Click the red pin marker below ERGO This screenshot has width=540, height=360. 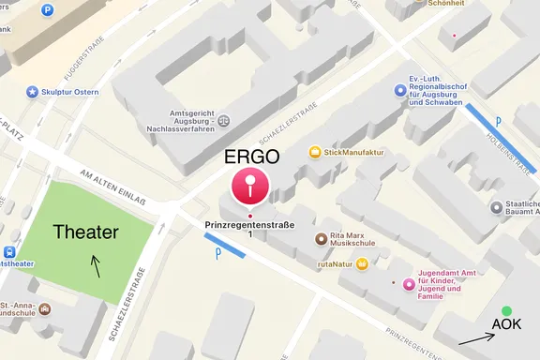[250, 187]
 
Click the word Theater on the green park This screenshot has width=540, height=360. [86, 232]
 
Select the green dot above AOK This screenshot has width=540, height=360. [506, 310]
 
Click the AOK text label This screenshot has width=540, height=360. [507, 326]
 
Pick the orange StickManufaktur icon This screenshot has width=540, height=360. [315, 152]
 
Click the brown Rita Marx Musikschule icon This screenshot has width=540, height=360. [321, 238]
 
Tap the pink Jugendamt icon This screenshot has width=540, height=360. [409, 284]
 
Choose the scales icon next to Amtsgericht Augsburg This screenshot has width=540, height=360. [223, 120]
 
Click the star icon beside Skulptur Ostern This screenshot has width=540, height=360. [33, 92]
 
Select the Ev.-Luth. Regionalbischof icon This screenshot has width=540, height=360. [401, 90]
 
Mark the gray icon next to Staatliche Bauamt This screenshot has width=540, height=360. [495, 207]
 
